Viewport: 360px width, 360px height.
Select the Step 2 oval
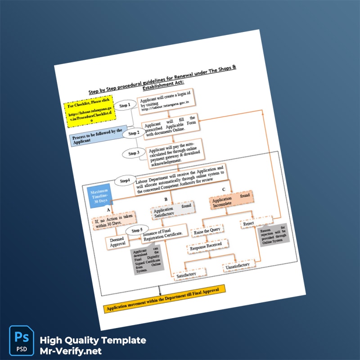click(134, 133)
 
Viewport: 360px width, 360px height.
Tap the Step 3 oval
click(134, 153)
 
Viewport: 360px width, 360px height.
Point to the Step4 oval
click(125, 181)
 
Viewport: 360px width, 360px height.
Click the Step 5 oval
click(137, 230)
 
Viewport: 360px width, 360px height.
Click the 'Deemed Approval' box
click(117, 242)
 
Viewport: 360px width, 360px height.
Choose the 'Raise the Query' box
click(206, 232)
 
